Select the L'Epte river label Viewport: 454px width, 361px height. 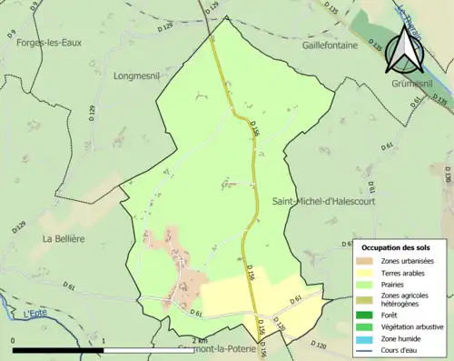pos(36,313)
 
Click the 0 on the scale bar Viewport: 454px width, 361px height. pos(13,340)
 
